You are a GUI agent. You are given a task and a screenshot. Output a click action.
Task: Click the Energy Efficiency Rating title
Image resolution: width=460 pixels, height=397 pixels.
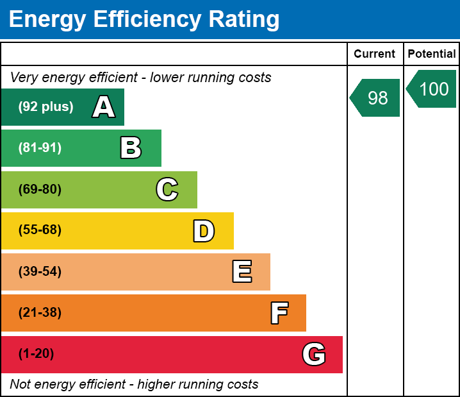[144, 19]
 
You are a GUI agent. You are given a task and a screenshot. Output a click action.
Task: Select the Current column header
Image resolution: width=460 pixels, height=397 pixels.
[375, 54]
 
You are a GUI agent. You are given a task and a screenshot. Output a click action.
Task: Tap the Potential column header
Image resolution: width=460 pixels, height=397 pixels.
[432, 54]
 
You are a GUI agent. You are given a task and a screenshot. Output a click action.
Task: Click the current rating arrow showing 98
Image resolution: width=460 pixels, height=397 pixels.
[376, 97]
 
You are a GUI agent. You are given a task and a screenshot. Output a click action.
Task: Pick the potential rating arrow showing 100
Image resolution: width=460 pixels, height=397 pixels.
[432, 89]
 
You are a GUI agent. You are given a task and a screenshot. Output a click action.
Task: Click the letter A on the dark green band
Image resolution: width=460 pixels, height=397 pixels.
[104, 107]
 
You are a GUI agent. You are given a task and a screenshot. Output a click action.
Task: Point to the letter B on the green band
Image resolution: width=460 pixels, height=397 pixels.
[131, 148]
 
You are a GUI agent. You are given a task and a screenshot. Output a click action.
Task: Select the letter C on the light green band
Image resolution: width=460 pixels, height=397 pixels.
[167, 189]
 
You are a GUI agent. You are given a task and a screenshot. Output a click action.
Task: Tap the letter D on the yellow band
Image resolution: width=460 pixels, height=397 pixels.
[204, 231]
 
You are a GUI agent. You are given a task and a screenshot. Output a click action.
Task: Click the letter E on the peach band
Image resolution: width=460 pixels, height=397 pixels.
[242, 272]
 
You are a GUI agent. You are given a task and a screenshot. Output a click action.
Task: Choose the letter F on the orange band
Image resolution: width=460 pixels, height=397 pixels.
[279, 313]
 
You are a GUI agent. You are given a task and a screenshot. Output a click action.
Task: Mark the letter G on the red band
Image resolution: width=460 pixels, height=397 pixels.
[314, 354]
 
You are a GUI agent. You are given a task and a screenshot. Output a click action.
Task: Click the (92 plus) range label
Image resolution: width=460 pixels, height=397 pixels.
[45, 107]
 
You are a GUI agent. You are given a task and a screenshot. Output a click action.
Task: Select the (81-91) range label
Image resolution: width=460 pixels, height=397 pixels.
[40, 148]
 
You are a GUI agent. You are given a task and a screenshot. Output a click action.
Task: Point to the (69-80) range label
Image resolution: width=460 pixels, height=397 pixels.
[40, 189]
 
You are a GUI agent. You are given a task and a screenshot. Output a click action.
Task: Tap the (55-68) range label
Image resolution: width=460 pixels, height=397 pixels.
[40, 230]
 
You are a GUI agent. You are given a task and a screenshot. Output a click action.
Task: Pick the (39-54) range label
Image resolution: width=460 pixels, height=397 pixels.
[40, 272]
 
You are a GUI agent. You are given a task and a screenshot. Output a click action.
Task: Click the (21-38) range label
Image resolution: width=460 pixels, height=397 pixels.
[40, 313]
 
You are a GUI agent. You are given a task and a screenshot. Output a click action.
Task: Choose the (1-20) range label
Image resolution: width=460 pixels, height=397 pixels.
[37, 354]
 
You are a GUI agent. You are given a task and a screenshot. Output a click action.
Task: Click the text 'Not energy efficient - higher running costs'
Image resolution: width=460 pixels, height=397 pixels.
[134, 385]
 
